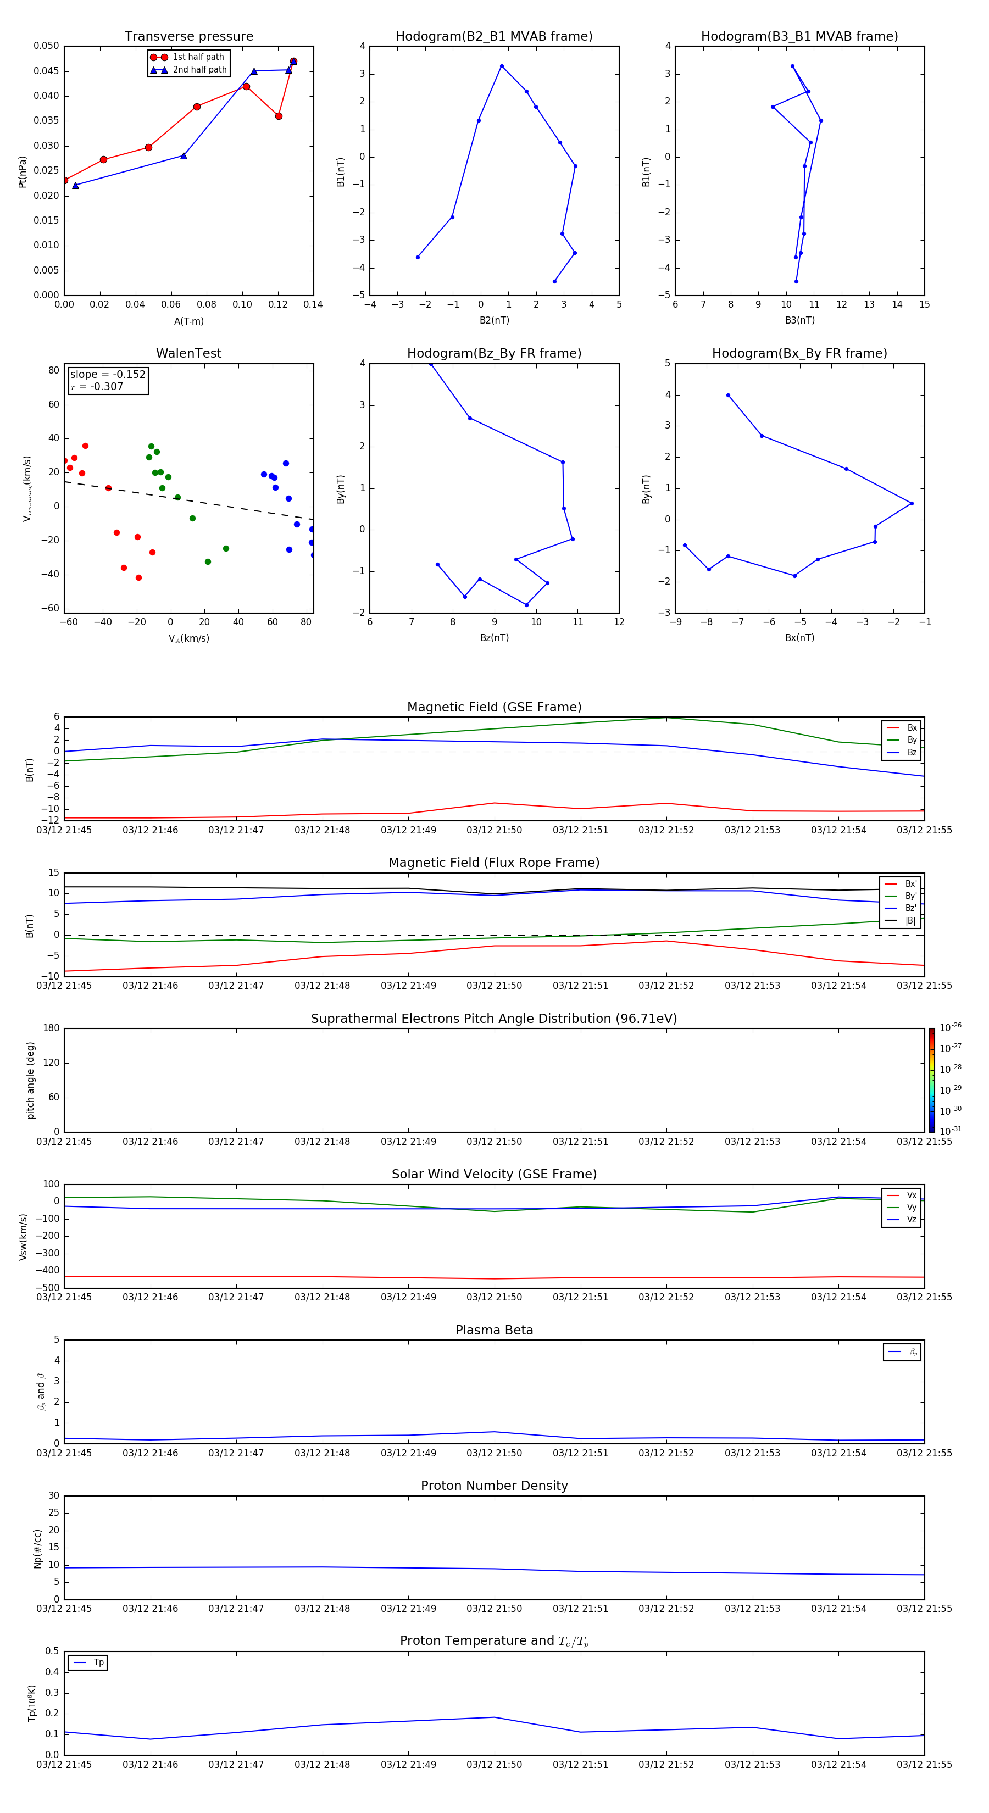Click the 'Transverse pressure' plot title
click(188, 37)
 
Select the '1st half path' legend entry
click(198, 57)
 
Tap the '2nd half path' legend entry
click(199, 70)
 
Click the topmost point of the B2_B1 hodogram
click(502, 66)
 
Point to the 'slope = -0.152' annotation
click(108, 375)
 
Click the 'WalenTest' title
click(188, 353)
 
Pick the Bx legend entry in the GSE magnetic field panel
click(912, 728)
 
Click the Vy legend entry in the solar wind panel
click(912, 1207)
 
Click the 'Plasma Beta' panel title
click(494, 1330)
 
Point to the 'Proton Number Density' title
click(494, 1486)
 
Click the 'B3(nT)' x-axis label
click(799, 320)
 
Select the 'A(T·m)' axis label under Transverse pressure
click(188, 321)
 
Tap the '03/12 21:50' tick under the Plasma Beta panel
click(494, 1453)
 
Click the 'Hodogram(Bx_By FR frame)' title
click(799, 353)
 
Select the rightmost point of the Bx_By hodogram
click(912, 503)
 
